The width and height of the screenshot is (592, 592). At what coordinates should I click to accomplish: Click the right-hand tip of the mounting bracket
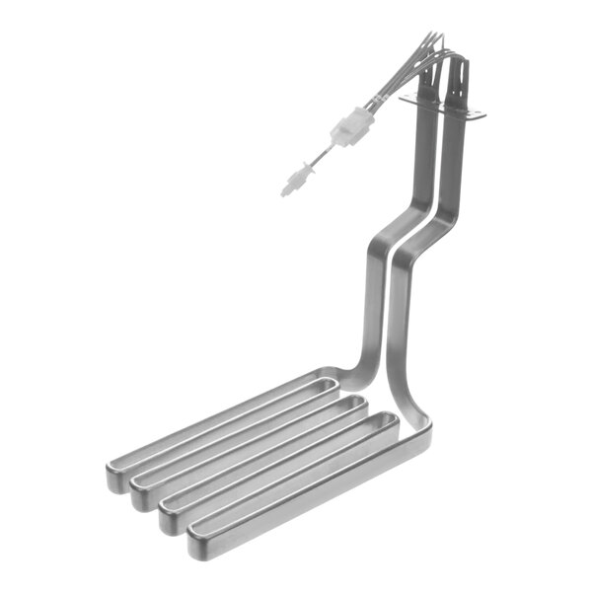(x=481, y=115)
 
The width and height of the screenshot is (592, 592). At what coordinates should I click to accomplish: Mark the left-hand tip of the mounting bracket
(x=406, y=97)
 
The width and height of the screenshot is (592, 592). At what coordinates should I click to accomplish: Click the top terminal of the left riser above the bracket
(x=432, y=64)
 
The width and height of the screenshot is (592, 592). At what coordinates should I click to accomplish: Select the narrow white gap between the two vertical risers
(x=394, y=296)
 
